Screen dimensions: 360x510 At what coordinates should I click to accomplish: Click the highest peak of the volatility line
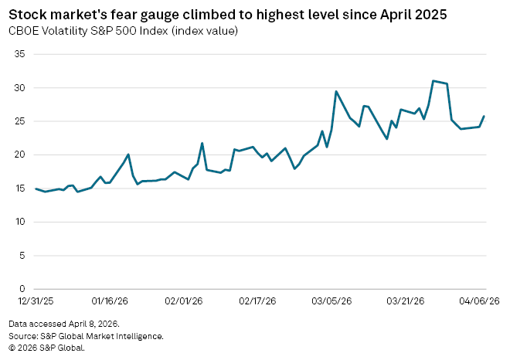(x=433, y=80)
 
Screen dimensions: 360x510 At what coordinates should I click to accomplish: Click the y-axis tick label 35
(x=20, y=55)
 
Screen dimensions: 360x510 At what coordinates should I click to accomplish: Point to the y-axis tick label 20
(x=20, y=155)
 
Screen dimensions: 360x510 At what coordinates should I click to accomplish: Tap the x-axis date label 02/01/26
(x=183, y=301)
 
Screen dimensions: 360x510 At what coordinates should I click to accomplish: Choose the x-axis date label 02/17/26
(x=257, y=301)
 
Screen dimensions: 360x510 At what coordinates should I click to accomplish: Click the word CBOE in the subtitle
(x=24, y=31)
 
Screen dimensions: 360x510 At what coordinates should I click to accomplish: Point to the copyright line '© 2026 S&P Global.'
(x=46, y=348)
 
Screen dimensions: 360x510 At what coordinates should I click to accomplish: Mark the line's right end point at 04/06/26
(x=484, y=117)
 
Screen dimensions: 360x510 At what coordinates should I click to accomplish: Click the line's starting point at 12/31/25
(x=36, y=188)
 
